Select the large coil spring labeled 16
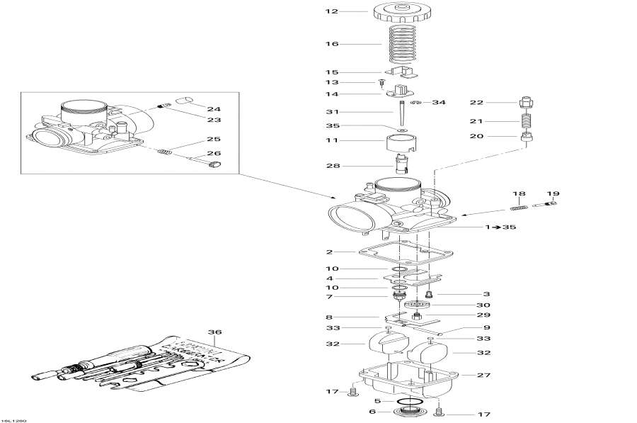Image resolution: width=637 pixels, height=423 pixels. (x=401, y=44)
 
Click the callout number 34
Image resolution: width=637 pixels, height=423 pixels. (x=439, y=103)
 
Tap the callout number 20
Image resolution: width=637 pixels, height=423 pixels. (x=495, y=136)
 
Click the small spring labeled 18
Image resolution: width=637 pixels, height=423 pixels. (x=520, y=207)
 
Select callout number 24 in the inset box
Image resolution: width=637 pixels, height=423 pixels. (x=214, y=108)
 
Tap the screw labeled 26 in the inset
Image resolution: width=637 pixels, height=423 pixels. (x=212, y=166)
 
